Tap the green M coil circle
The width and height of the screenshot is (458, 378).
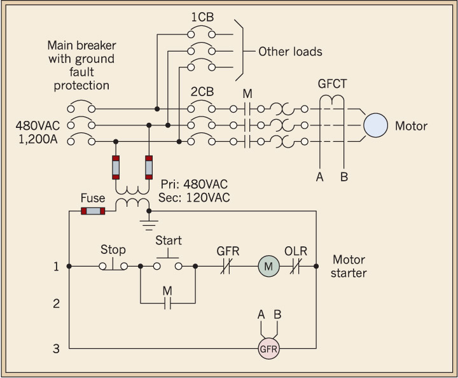click(268, 267)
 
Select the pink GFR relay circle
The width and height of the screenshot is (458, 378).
click(268, 349)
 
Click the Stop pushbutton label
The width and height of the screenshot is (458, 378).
click(113, 249)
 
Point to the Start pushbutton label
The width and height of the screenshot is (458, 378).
click(169, 241)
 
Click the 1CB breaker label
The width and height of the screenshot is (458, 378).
click(202, 15)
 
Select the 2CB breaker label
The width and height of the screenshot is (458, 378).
click(202, 91)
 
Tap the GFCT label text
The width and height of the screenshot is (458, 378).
click(332, 83)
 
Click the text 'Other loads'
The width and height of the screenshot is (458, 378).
click(290, 52)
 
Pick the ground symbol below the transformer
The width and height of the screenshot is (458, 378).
click(149, 223)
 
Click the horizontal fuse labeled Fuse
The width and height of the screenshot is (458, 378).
click(93, 211)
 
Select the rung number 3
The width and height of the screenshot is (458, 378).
click(56, 348)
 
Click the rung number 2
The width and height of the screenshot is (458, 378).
click(56, 304)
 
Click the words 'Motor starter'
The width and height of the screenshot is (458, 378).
click(349, 267)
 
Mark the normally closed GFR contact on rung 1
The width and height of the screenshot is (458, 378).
click(227, 267)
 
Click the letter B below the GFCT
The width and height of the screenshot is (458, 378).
click(343, 177)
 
